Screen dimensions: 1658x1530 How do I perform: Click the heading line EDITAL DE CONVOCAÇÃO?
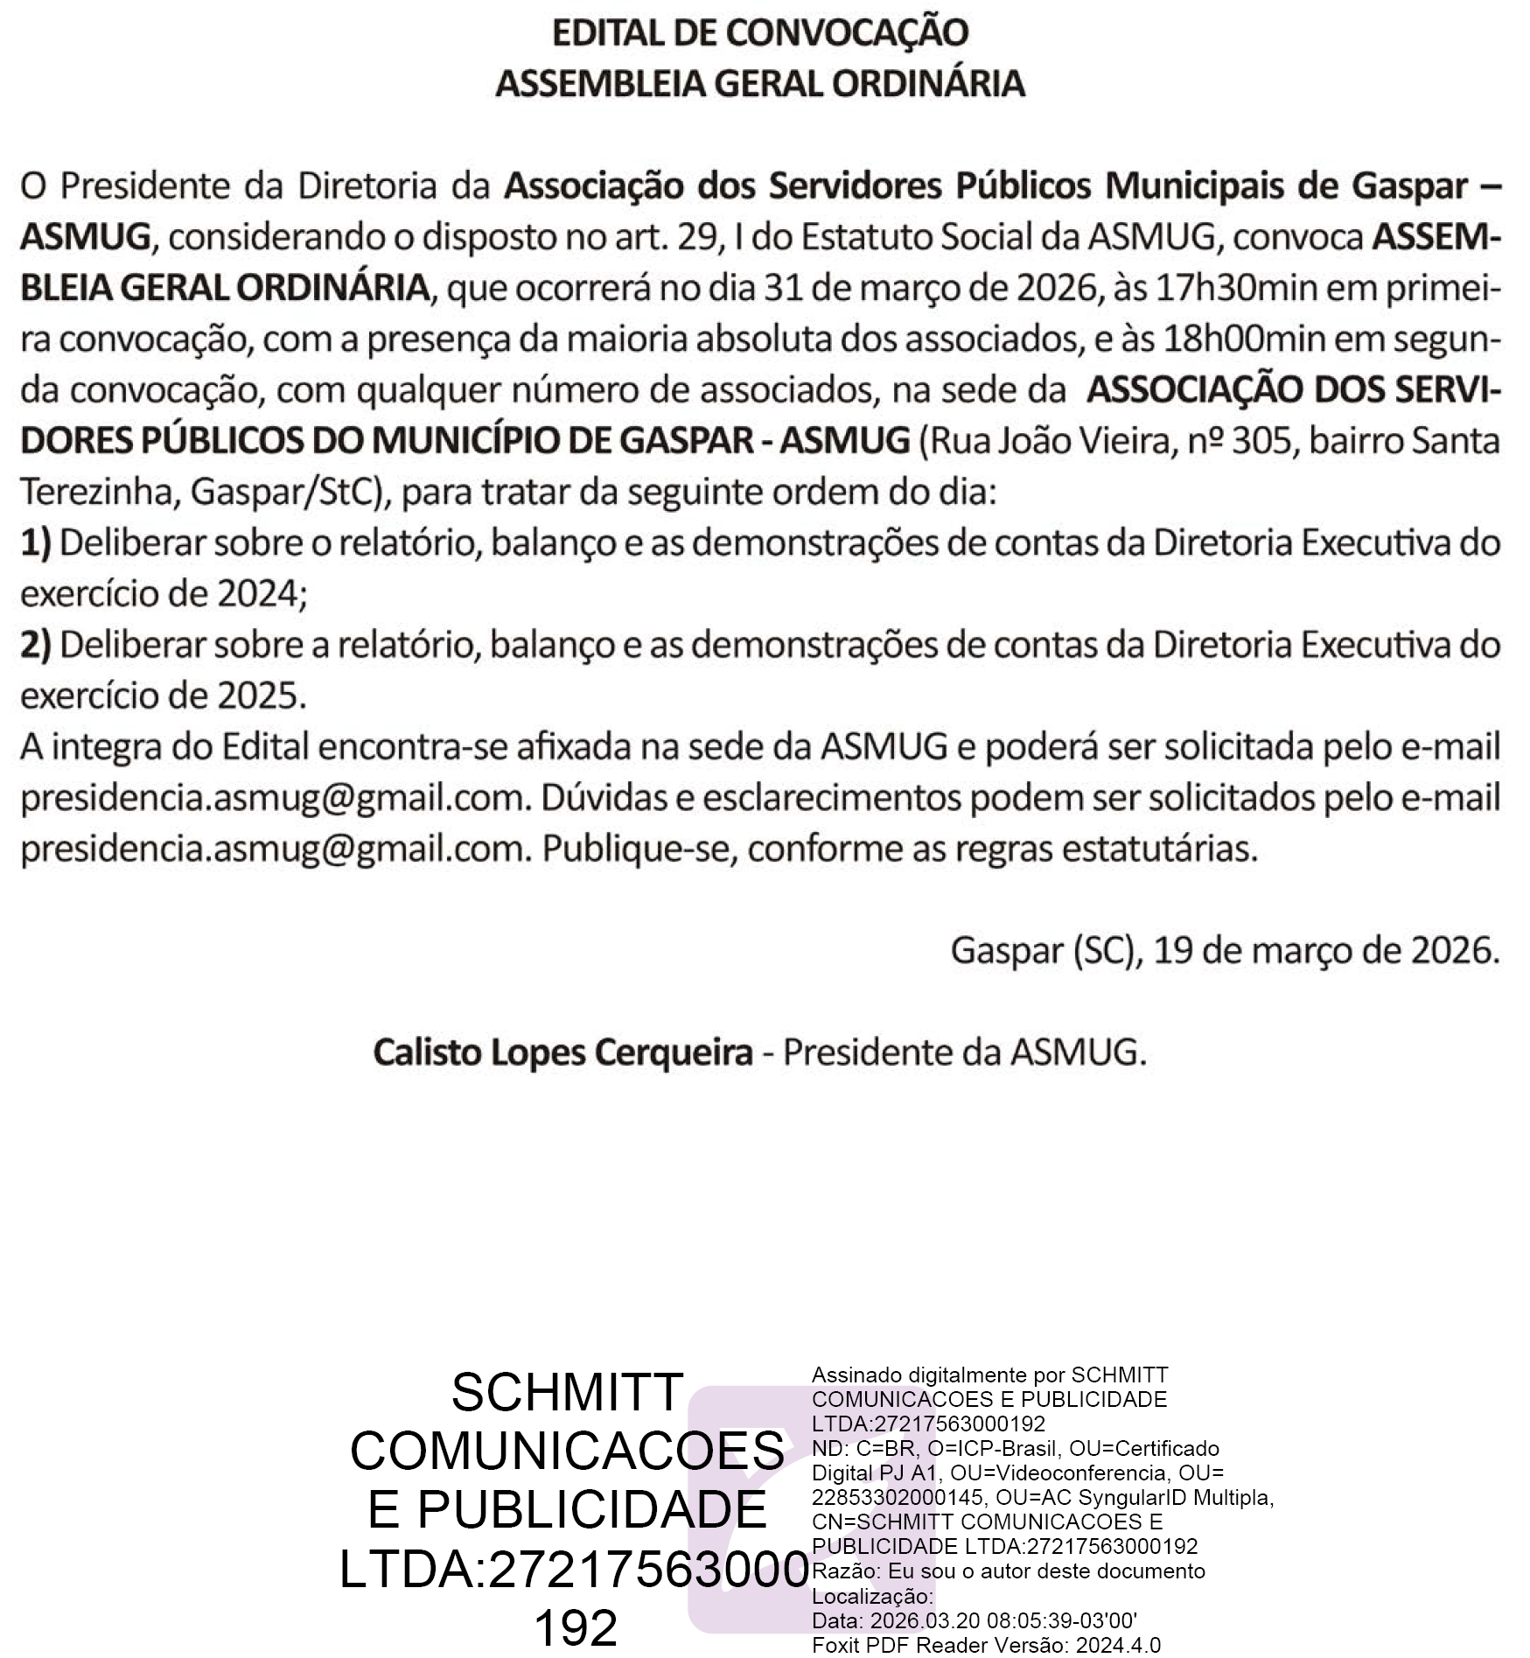759,33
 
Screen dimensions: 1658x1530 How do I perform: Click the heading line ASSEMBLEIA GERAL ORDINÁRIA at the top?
759,84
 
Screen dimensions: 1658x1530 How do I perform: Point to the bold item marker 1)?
36,543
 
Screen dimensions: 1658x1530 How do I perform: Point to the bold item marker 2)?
36,646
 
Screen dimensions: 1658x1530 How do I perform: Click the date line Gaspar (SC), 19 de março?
1225,951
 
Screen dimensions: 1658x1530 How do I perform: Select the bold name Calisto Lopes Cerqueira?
562,1053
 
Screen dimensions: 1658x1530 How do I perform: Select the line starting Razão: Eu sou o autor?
1008,1571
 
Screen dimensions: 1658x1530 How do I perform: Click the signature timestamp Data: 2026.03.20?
974,1620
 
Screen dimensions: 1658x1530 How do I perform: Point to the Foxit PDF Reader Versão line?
986,1645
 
